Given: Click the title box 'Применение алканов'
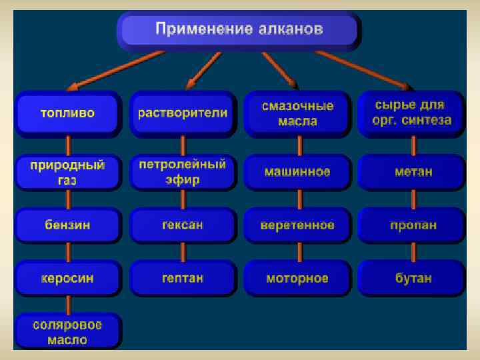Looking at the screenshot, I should (x=239, y=30).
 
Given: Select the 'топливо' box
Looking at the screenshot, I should (x=68, y=113).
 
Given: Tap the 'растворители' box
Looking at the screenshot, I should (x=183, y=113).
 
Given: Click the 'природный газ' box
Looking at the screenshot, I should (x=68, y=172).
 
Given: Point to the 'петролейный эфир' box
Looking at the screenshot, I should (x=183, y=172).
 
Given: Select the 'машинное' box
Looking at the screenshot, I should (x=297, y=172).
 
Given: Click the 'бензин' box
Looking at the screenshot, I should (x=68, y=225).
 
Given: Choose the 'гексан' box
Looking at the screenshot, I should (x=183, y=225).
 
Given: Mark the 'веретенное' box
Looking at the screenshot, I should (x=297, y=225).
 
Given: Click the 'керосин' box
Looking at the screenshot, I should (x=68, y=278).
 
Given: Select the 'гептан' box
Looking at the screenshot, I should (x=183, y=278).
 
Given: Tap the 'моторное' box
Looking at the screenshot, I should (x=297, y=278).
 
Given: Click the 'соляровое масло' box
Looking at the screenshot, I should (x=68, y=331).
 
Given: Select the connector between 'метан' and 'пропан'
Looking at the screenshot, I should (x=413, y=199).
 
